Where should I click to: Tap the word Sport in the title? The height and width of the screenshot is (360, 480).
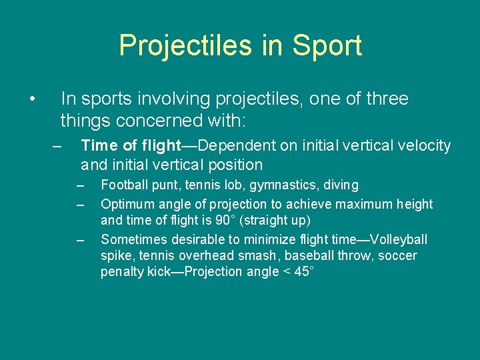(x=327, y=45)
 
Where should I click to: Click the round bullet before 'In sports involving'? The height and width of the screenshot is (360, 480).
(x=32, y=99)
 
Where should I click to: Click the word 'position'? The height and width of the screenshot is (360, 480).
(x=236, y=165)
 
